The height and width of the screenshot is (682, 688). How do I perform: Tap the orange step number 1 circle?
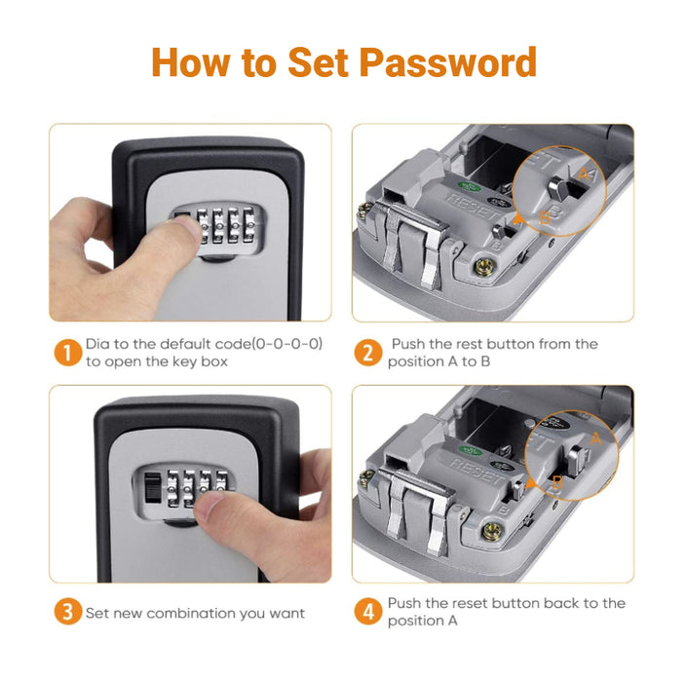67,353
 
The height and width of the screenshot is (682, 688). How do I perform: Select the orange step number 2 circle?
367,353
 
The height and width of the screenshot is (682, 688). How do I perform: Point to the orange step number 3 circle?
67,612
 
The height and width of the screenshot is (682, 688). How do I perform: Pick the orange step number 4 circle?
367,612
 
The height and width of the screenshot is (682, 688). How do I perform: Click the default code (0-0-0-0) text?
241,344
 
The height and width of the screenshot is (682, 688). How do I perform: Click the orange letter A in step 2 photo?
584,174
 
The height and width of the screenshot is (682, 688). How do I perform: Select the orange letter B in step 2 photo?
545,217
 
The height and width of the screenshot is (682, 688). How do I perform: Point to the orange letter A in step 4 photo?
595,437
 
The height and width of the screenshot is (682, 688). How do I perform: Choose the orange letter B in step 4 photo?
556,482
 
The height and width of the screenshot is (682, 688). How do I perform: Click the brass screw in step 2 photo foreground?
484,267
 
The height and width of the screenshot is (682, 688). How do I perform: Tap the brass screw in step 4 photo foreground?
491,531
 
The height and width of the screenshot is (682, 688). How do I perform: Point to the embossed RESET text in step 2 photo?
472,207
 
